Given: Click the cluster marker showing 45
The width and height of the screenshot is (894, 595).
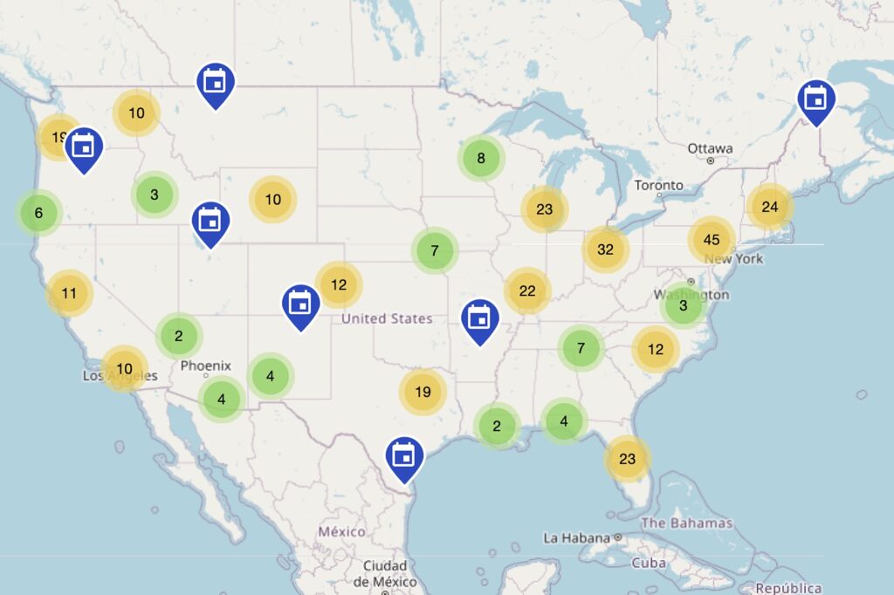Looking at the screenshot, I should pos(711,240).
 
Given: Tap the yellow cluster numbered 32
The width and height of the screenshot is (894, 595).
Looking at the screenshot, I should pos(605,249).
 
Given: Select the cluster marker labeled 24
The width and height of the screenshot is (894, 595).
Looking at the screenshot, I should pos(769,207).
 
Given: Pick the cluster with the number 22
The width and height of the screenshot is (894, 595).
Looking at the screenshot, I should pos(527,291).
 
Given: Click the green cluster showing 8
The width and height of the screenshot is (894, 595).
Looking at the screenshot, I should pos(480,159).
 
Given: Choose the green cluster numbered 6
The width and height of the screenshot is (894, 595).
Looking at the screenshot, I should pos(38,213).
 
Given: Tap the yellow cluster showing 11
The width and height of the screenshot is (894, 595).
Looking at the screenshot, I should pos(70,293).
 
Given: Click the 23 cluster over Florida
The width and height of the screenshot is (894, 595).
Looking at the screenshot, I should pos(627,458).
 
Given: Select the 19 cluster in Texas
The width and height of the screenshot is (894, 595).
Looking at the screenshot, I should pos(423,392).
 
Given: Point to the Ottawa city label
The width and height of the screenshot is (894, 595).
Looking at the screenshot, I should pos(710,148).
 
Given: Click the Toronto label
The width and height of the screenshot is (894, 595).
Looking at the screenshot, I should pos(658,186).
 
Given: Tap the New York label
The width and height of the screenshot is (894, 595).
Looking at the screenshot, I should pos(733,259).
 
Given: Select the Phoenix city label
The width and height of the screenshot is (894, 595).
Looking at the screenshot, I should pos(206,366).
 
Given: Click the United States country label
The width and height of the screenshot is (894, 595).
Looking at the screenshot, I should pos(387,318).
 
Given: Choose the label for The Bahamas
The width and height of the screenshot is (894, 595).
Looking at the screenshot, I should pos(686,523).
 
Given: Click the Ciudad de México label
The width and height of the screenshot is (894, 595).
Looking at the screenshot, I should pos(386,573).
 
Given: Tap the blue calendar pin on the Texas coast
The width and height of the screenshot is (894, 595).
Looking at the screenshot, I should pos(404,456).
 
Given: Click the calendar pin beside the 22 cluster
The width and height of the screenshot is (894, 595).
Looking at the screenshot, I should pos(478,318).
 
